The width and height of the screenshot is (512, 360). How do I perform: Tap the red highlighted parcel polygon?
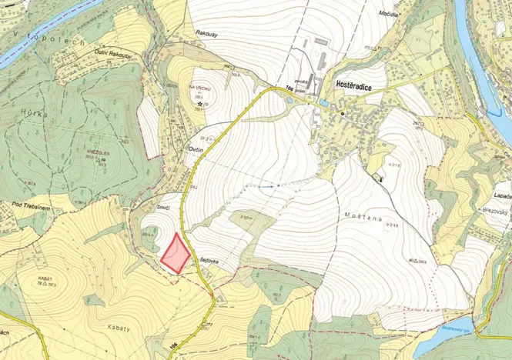176,252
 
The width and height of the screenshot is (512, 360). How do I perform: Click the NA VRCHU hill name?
200,88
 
